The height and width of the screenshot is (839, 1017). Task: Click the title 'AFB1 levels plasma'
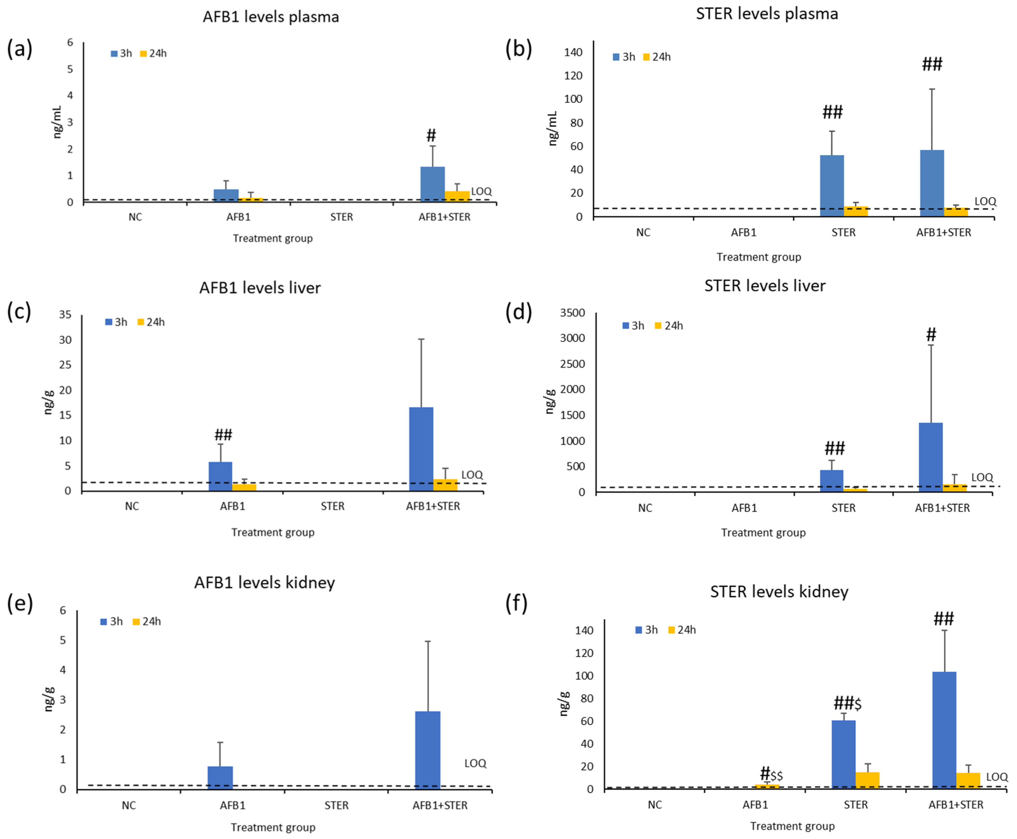tap(271, 17)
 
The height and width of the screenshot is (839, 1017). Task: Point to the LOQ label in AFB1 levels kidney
tap(475, 763)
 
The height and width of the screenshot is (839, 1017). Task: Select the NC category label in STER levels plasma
tap(643, 233)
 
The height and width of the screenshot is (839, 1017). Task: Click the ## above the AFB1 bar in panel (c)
tap(223, 434)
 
